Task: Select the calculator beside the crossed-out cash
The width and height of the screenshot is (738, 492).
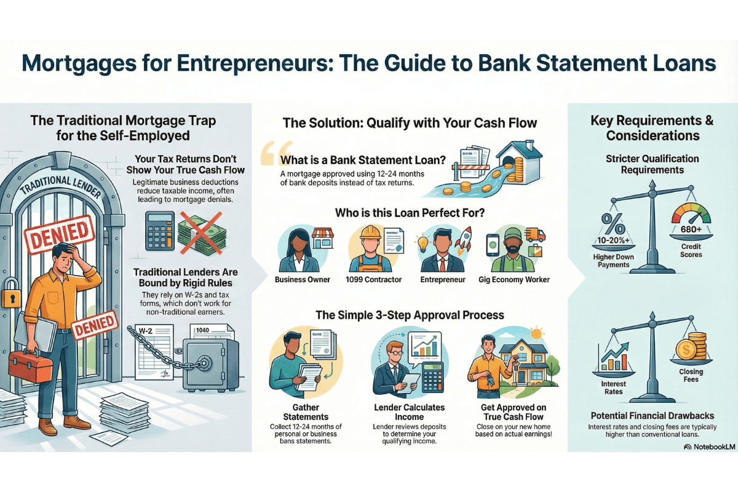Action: coord(159,231)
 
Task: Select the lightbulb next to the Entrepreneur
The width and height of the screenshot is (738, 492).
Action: coord(423,241)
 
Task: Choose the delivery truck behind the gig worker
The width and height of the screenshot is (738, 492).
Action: coord(536,235)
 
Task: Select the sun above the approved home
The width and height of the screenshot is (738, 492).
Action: coord(536,334)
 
